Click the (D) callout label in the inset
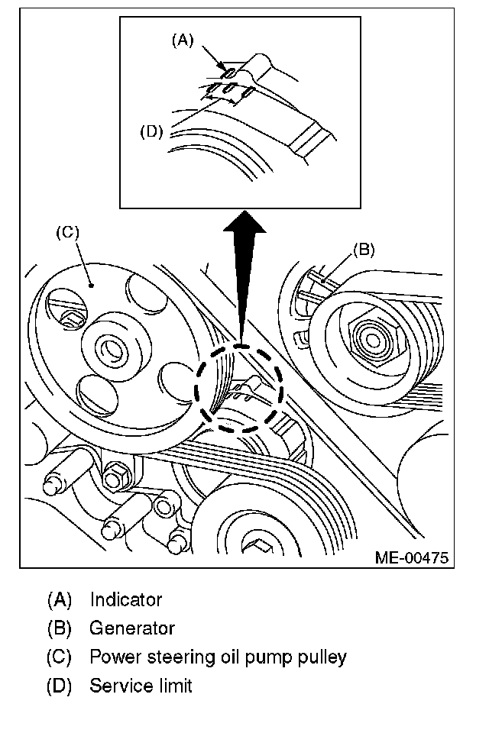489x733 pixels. click(152, 131)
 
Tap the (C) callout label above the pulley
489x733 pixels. click(68, 233)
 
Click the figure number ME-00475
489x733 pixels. click(411, 557)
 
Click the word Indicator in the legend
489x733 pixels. click(125, 600)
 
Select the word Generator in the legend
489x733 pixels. click(132, 628)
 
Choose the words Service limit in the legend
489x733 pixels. click(141, 686)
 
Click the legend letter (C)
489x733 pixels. click(59, 657)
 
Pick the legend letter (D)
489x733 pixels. click(59, 686)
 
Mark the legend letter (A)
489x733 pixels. click(59, 600)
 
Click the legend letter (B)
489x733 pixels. click(59, 628)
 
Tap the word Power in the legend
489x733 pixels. click(111, 657)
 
